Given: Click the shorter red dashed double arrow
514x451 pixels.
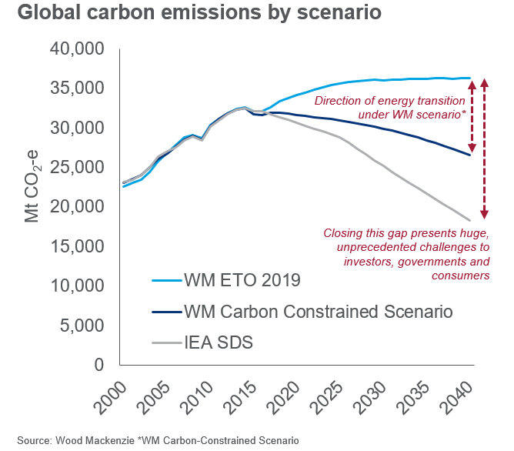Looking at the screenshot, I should point(472,115).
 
